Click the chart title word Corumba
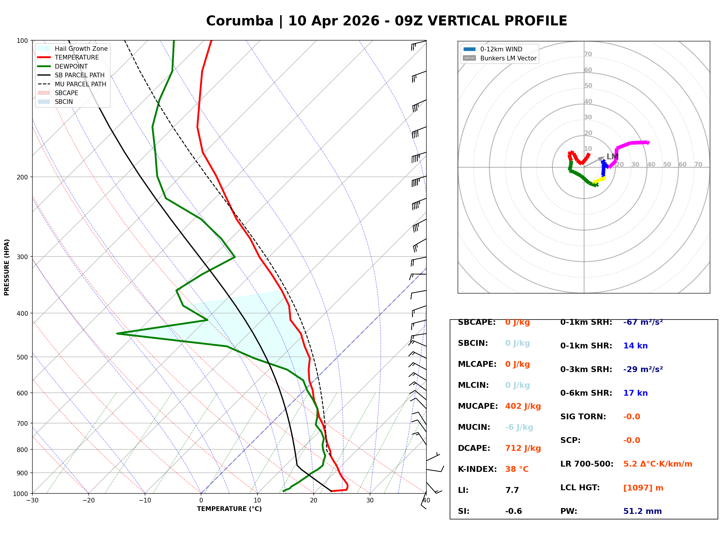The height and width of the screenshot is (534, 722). pos(240,21)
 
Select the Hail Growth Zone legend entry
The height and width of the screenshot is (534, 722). pos(73,48)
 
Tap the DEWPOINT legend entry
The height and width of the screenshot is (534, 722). pos(63,66)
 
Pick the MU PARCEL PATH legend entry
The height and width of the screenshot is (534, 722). pos(72,84)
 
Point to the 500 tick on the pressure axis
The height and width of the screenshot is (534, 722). pos(22,357)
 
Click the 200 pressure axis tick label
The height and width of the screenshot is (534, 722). pos(22,177)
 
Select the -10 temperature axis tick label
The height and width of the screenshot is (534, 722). pos(145,500)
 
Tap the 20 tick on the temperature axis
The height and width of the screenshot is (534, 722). pos(313,500)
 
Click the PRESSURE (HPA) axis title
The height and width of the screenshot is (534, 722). pos(7,267)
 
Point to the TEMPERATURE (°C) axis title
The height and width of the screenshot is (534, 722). pos(229,509)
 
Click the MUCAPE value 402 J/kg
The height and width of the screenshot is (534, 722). pos(523,406)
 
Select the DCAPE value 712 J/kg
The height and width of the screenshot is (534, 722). pos(523,448)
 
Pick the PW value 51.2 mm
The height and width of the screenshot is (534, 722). pos(643,511)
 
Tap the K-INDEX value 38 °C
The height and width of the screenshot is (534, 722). pos(517,469)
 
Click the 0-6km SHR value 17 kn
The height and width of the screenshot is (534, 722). pos(635,393)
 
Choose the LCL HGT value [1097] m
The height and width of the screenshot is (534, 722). pos(643,488)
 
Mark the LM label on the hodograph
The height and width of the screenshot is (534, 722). pos(613,157)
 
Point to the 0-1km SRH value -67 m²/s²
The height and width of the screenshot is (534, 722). pos(643,322)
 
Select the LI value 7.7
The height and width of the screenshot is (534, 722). pos(512,490)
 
